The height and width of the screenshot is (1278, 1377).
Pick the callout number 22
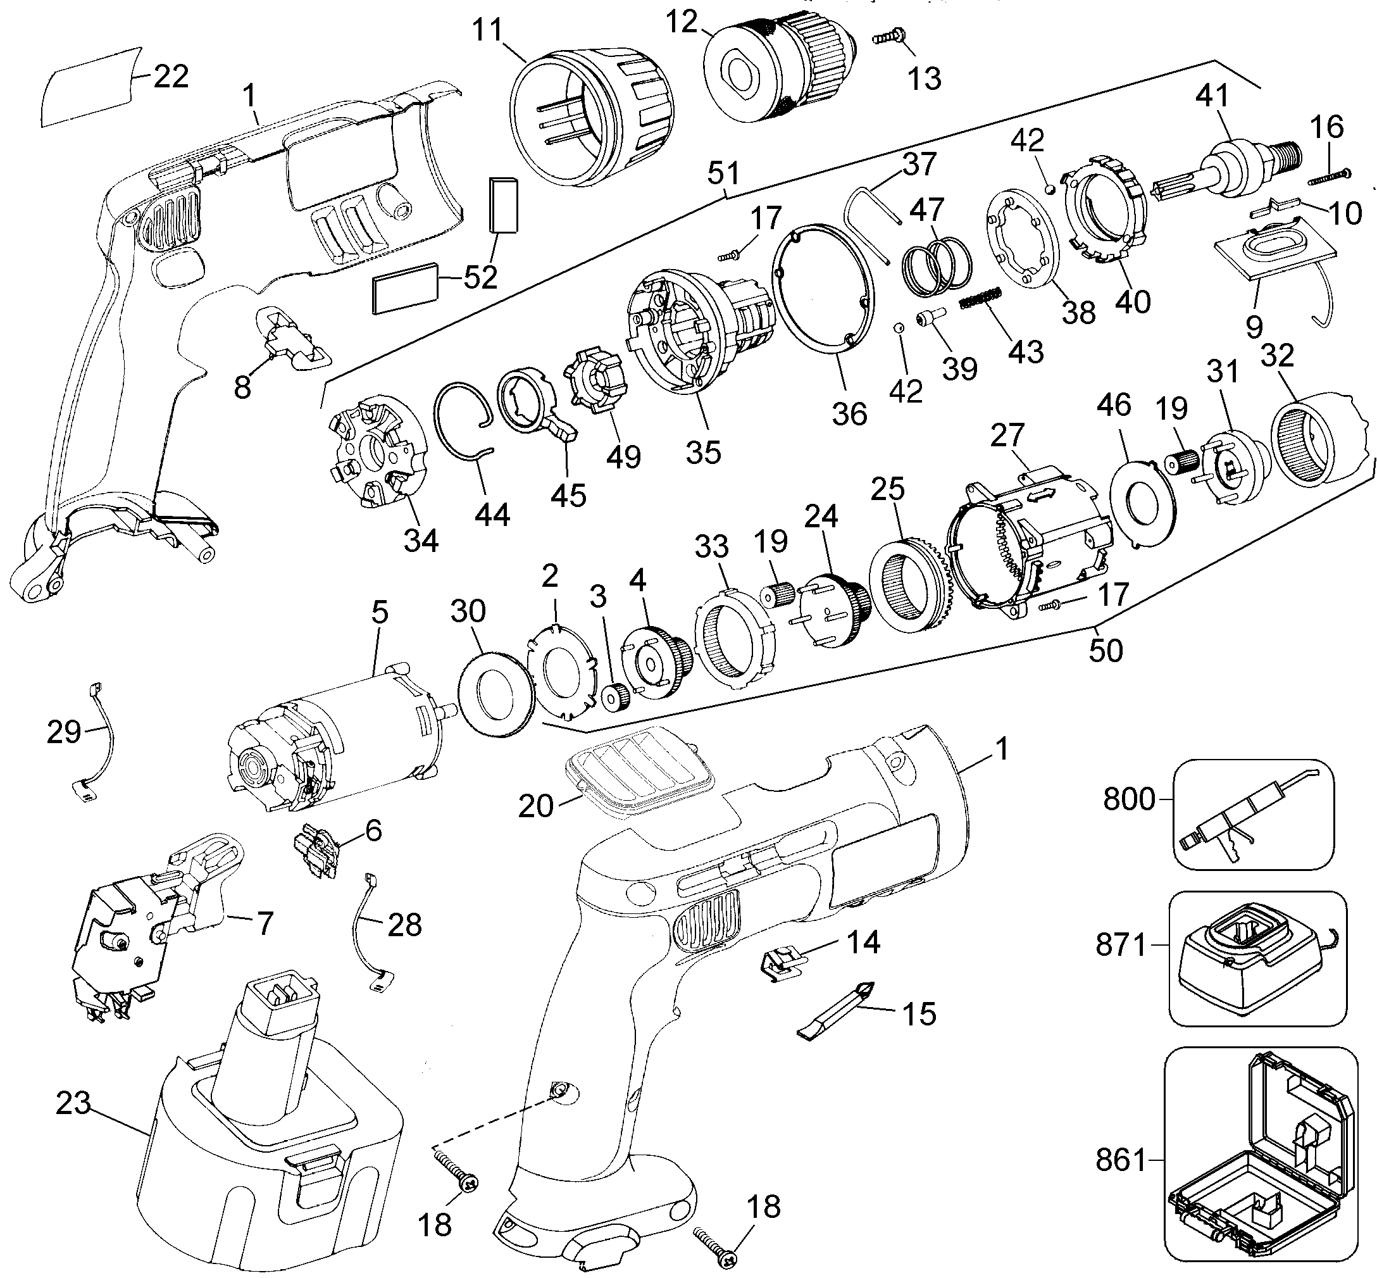[171, 76]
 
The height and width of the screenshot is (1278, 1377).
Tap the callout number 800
[1129, 799]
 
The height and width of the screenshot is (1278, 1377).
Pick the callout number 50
[1106, 650]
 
